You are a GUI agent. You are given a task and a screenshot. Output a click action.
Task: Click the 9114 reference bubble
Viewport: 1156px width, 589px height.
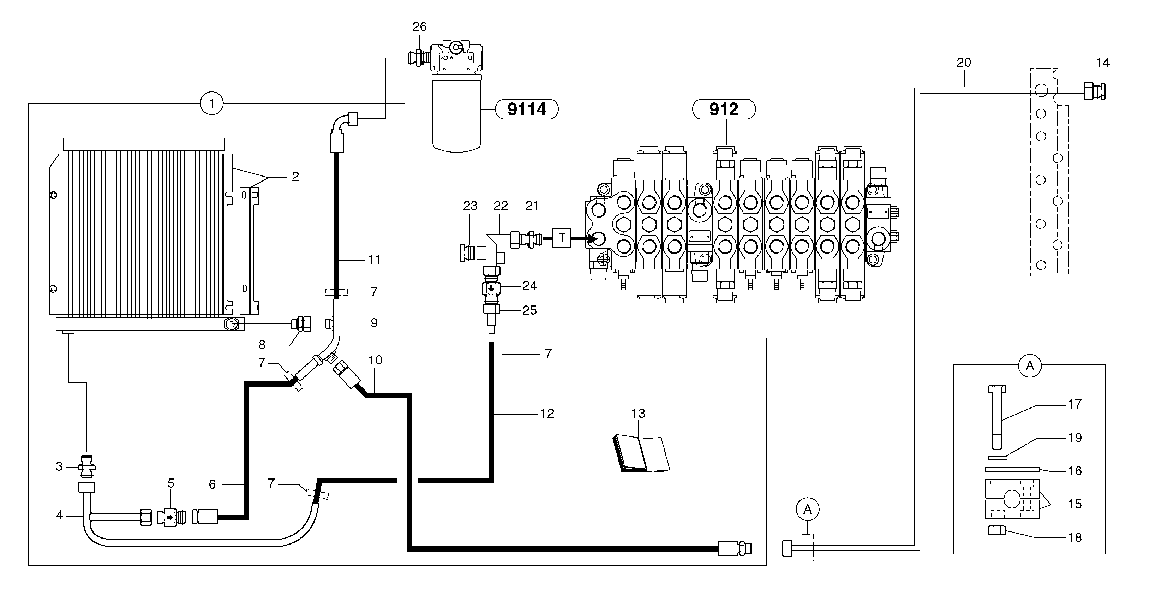pyautogui.click(x=526, y=109)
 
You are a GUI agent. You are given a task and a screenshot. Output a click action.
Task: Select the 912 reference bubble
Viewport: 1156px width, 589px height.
pyautogui.click(x=723, y=109)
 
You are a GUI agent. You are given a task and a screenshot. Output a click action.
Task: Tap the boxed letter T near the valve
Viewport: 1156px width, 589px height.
pyautogui.click(x=561, y=238)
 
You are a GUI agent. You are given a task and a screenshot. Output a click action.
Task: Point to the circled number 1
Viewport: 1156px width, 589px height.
pyautogui.click(x=211, y=104)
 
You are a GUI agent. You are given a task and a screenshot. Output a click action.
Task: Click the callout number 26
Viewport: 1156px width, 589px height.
pyautogui.click(x=419, y=27)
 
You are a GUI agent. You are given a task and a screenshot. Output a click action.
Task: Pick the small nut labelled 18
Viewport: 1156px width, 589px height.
pyautogui.click(x=997, y=531)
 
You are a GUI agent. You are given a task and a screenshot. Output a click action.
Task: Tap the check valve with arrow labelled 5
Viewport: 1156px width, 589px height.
pyautogui.click(x=171, y=517)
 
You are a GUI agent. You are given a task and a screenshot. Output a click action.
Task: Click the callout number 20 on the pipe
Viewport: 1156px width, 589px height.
pyautogui.click(x=964, y=63)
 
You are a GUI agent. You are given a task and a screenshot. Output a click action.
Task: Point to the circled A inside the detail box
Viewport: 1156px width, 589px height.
pyautogui.click(x=1029, y=366)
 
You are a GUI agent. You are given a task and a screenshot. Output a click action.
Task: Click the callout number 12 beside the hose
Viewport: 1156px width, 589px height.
pyautogui.click(x=547, y=414)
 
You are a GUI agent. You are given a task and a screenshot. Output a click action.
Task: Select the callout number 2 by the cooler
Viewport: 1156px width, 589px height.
pyautogui.click(x=295, y=177)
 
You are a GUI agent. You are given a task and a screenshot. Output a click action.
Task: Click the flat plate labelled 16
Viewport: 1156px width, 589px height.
pyautogui.click(x=1012, y=470)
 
